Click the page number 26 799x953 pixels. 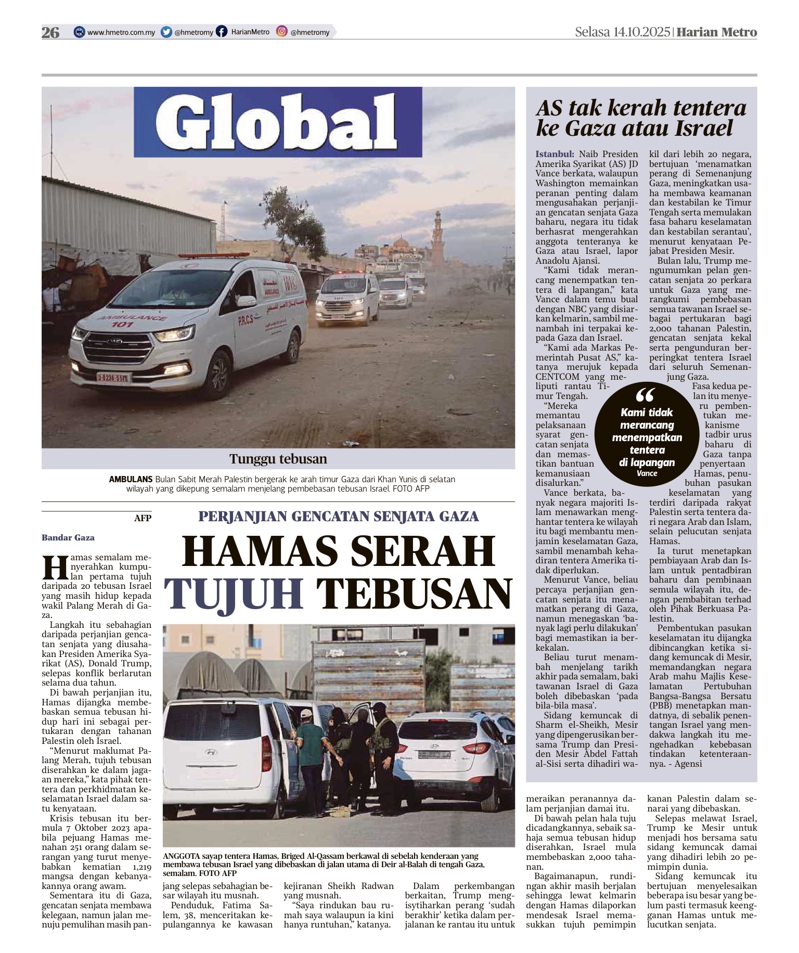point(50,32)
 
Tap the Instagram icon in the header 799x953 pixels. point(281,32)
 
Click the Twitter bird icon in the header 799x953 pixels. point(166,32)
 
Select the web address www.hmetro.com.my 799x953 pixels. point(121,32)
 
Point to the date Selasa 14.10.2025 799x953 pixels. point(622,32)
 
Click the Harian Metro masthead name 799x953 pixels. point(717,32)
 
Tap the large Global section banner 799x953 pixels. point(278,122)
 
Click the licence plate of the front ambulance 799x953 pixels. point(112,377)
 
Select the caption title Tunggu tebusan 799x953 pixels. point(278,459)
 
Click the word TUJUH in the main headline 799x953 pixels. point(234,594)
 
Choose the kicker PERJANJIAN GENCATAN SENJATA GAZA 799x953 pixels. point(338,517)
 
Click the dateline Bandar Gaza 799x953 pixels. point(68,538)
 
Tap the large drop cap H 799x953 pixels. point(55,568)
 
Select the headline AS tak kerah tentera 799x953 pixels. point(641,108)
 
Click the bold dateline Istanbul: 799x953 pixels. point(555,154)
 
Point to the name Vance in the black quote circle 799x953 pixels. point(647,473)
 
